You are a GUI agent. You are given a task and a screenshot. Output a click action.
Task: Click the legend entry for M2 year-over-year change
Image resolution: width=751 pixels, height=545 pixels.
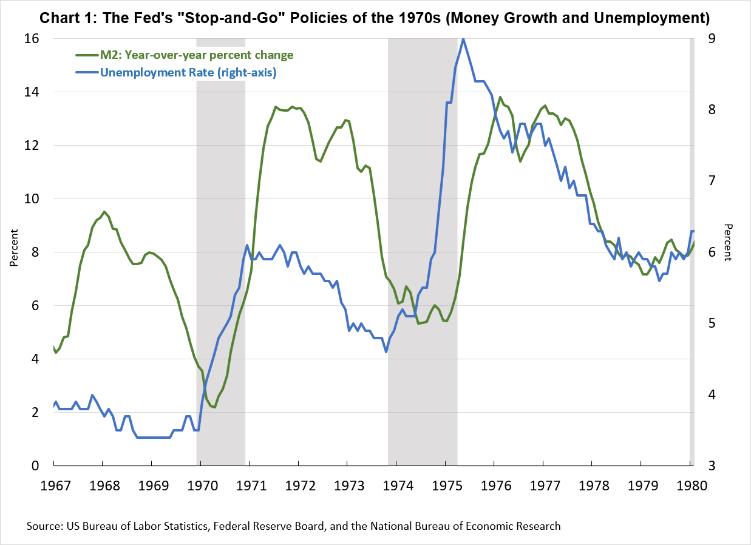tap(195, 55)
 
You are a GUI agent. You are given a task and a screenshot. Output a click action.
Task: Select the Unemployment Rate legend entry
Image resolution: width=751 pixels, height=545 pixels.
tap(188, 73)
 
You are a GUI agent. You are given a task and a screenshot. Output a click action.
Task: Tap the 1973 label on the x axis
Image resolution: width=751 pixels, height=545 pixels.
tap(347, 485)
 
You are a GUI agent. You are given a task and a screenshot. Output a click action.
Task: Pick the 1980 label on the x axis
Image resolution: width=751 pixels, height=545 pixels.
tap(690, 485)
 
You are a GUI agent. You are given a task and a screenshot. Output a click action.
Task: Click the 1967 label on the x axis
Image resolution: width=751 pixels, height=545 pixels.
tap(53, 485)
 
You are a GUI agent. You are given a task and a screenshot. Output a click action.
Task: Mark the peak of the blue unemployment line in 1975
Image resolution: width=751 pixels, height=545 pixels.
tap(463, 39)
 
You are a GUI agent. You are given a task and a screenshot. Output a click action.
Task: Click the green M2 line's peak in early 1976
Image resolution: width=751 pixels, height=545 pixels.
tap(500, 97)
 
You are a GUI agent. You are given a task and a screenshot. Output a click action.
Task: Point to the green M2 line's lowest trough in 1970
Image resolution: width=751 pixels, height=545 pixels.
tap(214, 407)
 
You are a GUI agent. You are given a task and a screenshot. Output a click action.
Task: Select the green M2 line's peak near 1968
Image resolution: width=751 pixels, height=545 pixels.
tap(104, 212)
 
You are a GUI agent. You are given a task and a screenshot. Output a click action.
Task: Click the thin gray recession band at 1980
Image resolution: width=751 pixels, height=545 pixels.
tap(692, 243)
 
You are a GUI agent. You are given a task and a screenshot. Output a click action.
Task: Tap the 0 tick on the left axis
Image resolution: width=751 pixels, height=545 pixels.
tap(35, 465)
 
